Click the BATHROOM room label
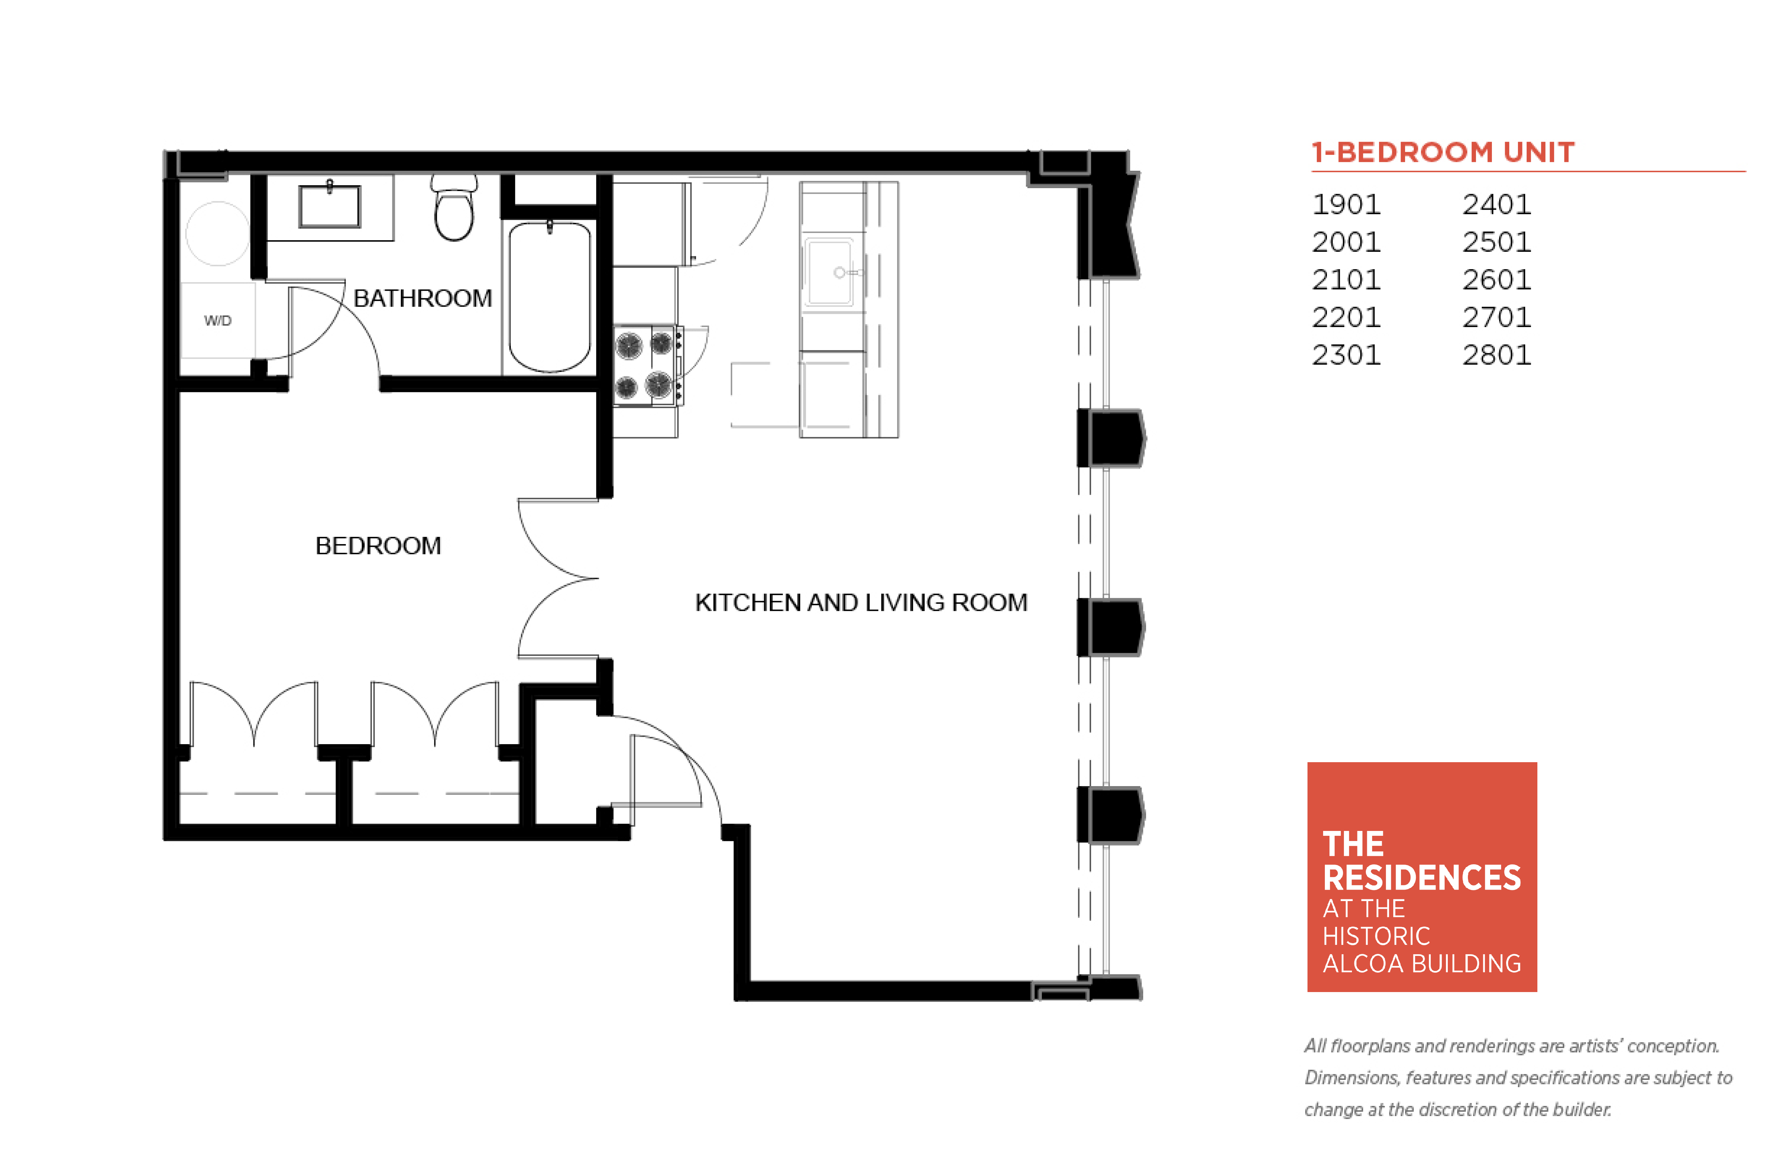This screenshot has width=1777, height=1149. click(422, 298)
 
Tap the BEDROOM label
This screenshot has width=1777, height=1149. click(378, 546)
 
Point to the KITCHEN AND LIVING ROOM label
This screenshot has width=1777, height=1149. click(861, 602)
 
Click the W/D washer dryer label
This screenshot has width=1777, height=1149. click(218, 321)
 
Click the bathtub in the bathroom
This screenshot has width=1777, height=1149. click(550, 297)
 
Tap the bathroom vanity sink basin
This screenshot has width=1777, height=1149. click(329, 206)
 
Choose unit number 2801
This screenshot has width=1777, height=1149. click(1496, 355)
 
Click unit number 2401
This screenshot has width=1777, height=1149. click(1496, 205)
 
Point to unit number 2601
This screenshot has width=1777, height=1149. click(1496, 280)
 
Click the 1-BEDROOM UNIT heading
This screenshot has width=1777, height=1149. click(1443, 152)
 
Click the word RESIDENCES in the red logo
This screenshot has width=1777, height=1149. click(1421, 878)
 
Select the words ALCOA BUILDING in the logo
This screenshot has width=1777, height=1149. click(1421, 964)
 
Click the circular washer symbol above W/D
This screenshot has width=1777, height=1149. click(218, 234)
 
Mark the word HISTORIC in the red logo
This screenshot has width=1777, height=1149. click(1376, 936)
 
